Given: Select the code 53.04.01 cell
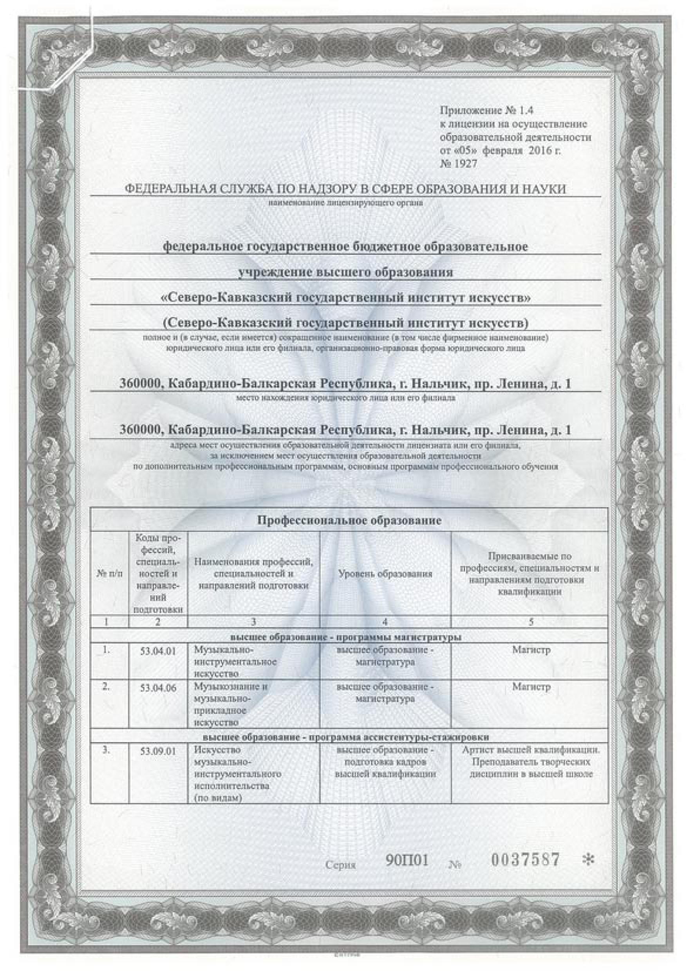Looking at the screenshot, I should click(x=158, y=663).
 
